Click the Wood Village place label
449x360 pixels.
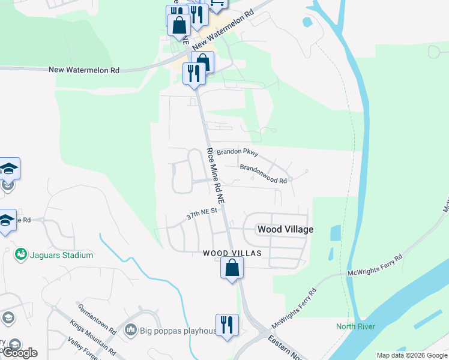tap(285, 229)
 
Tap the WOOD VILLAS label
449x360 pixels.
tap(232, 254)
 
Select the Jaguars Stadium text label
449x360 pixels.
tap(62, 255)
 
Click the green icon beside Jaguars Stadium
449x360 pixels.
tap(22, 255)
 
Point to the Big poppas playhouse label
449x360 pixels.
tap(178, 331)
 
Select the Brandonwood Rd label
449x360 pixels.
tap(265, 173)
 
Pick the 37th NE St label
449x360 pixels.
tap(200, 214)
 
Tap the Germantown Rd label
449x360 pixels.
tap(96, 319)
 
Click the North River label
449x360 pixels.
tap(355, 326)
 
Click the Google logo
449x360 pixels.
tap(20, 353)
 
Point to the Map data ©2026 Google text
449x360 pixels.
tap(412, 355)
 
